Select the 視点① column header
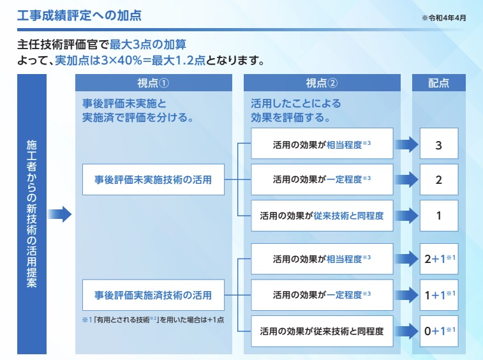pyautogui.click(x=153, y=83)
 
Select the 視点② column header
pyautogui.click(x=322, y=83)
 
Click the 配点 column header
pyautogui.click(x=438, y=83)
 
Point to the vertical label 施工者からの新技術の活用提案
pyautogui.click(x=31, y=214)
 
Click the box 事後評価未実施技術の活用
pyautogui.click(x=153, y=180)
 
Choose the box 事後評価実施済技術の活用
pyautogui.click(x=153, y=295)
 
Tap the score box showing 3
pyautogui.click(x=438, y=145)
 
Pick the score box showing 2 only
pyautogui.click(x=438, y=180)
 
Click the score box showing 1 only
pyautogui.click(x=438, y=216)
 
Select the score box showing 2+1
pyautogui.click(x=438, y=259)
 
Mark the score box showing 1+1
pyautogui.click(x=438, y=295)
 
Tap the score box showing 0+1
pyautogui.click(x=438, y=331)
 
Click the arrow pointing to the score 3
pyautogui.click(x=406, y=145)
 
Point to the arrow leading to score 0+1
pyautogui.click(x=406, y=331)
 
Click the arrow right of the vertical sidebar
pyautogui.click(x=60, y=214)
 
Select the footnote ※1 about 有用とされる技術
pyautogui.click(x=152, y=319)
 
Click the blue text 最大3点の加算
pyautogui.click(x=149, y=45)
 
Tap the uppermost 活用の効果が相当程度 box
pyautogui.click(x=322, y=145)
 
